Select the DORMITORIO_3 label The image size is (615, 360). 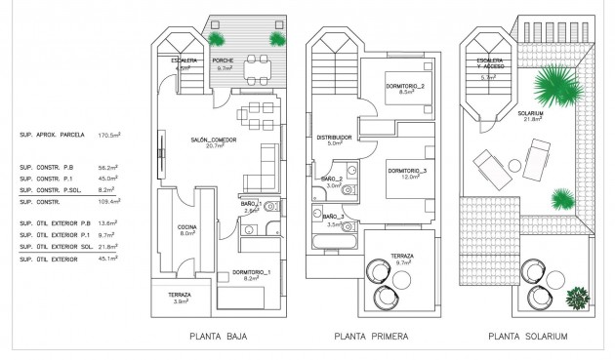click(x=407, y=172)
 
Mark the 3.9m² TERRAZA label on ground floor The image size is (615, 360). click(x=179, y=297)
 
